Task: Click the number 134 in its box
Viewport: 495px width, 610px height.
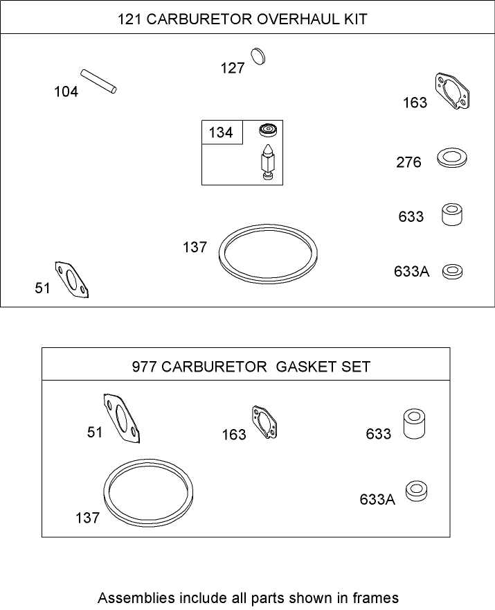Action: [221, 132]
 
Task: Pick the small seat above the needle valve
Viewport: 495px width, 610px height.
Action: [266, 130]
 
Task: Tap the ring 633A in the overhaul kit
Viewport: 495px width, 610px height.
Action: [453, 270]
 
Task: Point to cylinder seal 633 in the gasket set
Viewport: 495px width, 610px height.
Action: [414, 424]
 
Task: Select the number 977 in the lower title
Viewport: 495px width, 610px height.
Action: [144, 366]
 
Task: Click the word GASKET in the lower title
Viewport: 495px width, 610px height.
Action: [305, 366]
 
